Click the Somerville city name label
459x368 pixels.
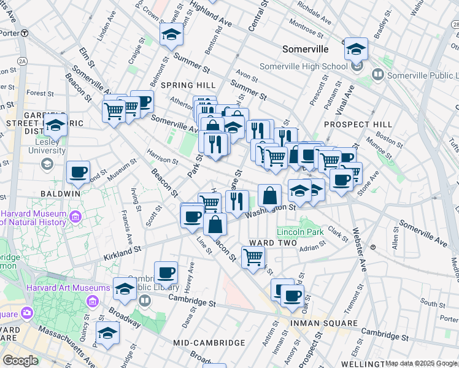coord(305,49)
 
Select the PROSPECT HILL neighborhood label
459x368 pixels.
coord(349,125)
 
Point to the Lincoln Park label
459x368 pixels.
coord(300,232)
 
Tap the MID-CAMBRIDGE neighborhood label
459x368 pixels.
coord(209,343)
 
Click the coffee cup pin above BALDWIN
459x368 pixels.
coord(78,172)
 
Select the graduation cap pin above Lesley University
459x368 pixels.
coord(55,126)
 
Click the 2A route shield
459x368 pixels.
coord(23,61)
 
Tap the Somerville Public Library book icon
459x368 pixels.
coord(377,74)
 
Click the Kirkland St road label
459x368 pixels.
coord(123,251)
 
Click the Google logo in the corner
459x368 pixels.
coord(20,361)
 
